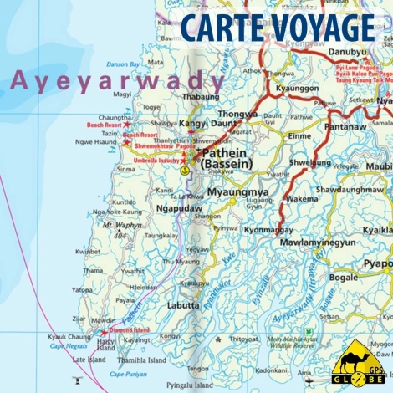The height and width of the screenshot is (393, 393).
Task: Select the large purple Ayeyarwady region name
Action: [x=118, y=82]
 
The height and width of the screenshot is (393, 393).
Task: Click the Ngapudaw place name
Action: [x=180, y=208]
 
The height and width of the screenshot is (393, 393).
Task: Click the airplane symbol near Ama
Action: [x=309, y=382]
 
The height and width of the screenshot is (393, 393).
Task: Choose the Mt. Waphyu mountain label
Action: [x=120, y=224]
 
